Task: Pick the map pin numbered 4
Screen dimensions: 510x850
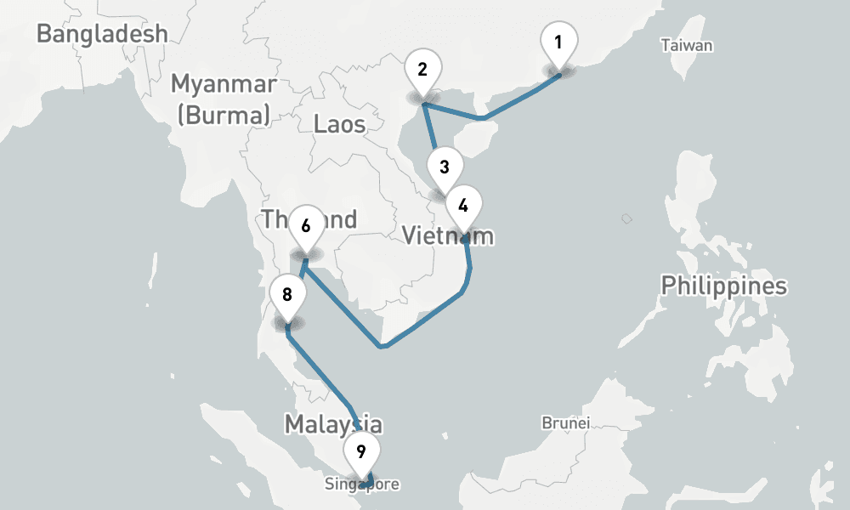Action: tap(463, 206)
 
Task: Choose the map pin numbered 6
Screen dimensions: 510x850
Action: tap(306, 227)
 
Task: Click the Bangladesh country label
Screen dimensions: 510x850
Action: tap(102, 34)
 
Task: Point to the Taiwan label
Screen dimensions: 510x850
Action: tap(687, 46)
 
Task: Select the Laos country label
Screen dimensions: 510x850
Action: tap(339, 124)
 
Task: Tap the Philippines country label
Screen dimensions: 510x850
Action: tap(724, 286)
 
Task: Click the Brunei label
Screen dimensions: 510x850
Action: tap(566, 422)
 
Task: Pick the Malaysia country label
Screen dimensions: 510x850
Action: tap(332, 423)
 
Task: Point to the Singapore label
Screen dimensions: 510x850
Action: tap(361, 484)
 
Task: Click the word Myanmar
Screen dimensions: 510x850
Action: tap(224, 84)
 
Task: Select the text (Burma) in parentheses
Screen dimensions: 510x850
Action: tap(224, 114)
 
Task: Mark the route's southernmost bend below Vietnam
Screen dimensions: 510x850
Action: tap(384, 346)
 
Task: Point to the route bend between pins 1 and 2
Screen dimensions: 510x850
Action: tap(483, 117)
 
